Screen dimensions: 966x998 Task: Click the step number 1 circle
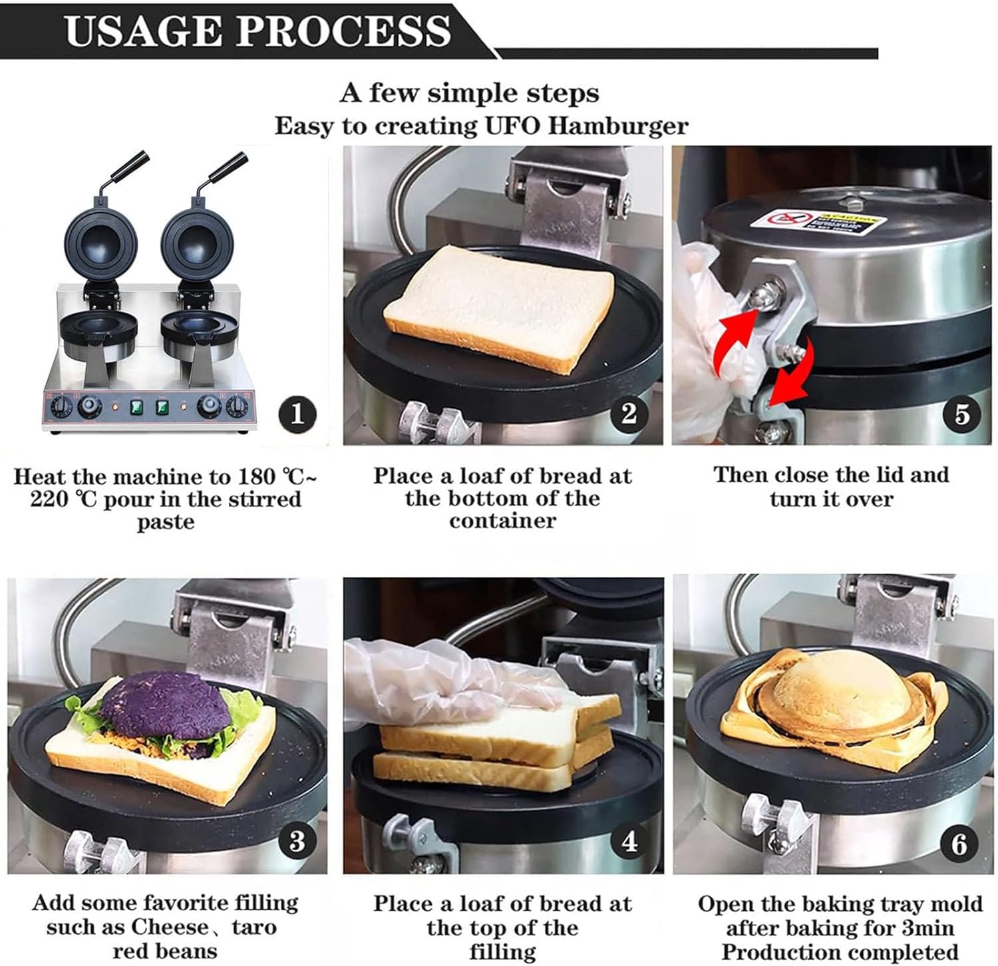point(297,415)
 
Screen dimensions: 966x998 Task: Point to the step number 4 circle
point(629,842)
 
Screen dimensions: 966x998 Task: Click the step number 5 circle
point(962,414)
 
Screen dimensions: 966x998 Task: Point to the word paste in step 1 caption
point(166,522)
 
